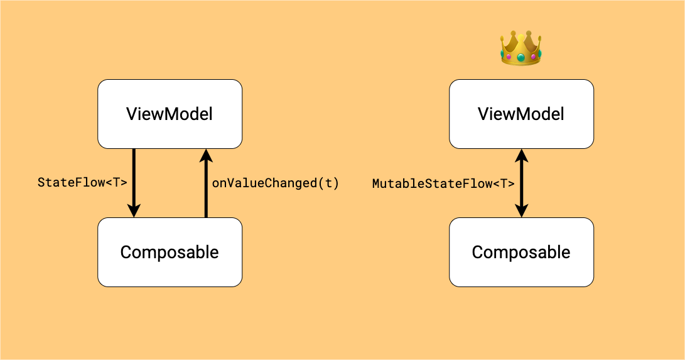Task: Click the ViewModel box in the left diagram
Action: (x=170, y=114)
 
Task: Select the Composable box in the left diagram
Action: (x=170, y=252)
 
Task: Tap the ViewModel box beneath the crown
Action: (x=521, y=114)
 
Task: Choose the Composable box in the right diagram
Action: (x=521, y=252)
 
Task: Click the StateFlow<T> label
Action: (x=82, y=183)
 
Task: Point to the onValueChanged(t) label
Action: (x=275, y=183)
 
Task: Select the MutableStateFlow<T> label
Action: (x=443, y=183)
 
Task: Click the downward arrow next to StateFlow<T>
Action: (x=134, y=182)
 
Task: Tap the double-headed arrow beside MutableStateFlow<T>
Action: (x=521, y=183)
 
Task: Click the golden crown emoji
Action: (x=520, y=48)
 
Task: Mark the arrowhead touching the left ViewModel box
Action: (x=205, y=155)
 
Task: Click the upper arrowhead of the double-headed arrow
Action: (x=521, y=155)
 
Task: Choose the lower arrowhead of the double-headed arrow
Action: (x=521, y=211)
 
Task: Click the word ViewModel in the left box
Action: (x=170, y=114)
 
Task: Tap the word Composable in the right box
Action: (x=521, y=252)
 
